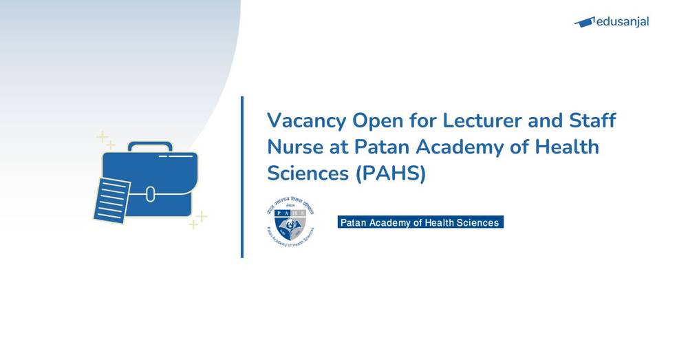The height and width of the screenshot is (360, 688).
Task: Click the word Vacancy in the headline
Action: (305, 120)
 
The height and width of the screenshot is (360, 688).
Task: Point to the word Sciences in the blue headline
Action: (307, 173)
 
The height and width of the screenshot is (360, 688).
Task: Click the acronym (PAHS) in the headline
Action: (391, 174)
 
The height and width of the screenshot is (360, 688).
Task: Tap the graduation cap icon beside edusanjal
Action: (584, 22)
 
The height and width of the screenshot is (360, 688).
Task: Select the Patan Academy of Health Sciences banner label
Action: (420, 222)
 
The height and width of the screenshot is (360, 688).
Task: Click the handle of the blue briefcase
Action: (150, 147)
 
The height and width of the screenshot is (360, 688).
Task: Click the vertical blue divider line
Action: (242, 177)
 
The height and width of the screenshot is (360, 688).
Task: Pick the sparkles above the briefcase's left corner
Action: (105, 140)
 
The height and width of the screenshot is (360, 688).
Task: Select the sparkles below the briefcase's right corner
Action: (198, 220)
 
